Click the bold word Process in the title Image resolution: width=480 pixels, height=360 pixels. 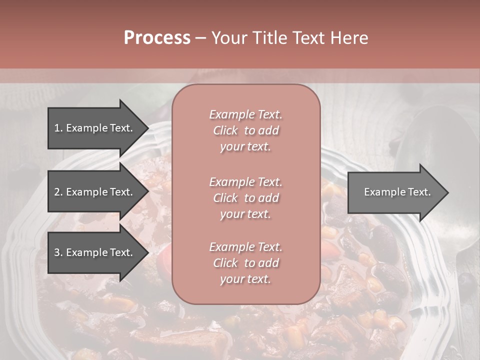tap(157, 38)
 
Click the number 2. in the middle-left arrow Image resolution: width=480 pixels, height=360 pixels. tap(58, 192)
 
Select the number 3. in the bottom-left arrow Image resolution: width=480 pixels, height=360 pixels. tap(58, 252)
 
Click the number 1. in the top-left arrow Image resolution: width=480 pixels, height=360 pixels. tap(58, 128)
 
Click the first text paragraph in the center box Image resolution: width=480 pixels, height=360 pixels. tap(245, 130)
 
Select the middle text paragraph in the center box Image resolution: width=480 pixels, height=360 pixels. tap(245, 197)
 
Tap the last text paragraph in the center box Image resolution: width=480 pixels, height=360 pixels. tap(245, 263)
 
